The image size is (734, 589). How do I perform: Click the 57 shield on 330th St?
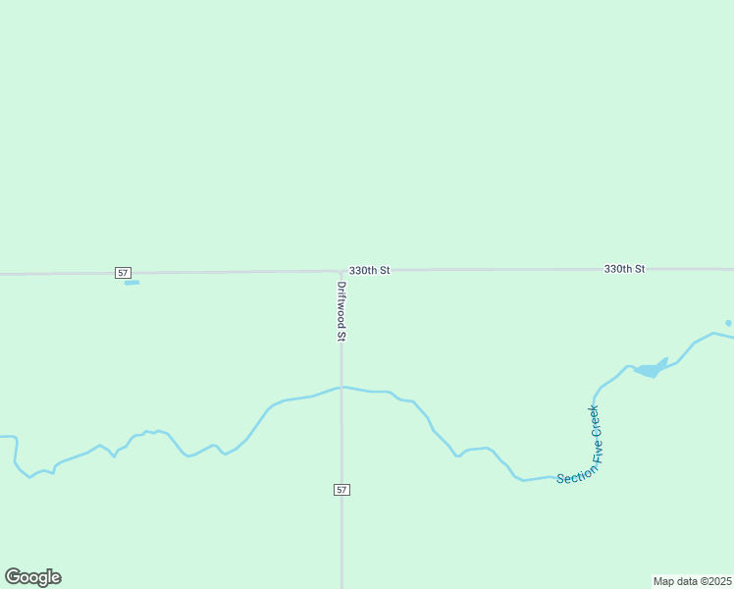point(123,272)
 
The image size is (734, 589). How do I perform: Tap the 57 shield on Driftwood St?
point(341,489)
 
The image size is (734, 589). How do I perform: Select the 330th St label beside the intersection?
point(370,270)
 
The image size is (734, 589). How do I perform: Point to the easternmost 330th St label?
point(624,269)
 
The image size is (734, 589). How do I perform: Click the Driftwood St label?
point(341,311)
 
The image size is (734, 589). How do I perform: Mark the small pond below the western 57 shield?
point(131,283)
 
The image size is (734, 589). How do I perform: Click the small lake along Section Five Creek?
point(650,369)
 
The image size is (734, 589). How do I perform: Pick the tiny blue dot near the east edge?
point(728,323)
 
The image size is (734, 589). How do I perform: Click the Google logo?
point(33,577)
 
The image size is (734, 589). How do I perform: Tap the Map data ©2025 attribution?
point(693,581)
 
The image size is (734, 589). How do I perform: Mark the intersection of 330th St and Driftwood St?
point(341,271)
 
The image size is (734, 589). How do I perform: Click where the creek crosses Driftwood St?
point(341,387)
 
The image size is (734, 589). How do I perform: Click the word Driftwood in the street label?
point(341,303)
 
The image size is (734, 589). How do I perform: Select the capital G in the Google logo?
point(13,577)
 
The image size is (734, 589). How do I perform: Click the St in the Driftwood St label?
point(341,335)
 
